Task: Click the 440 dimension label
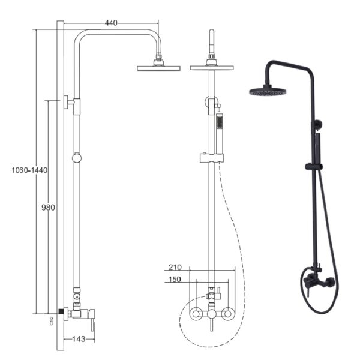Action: (111, 23)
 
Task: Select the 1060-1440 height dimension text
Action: (29, 170)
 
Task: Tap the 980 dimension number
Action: (48, 208)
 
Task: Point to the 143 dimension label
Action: (79, 339)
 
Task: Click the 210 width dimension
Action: (175, 267)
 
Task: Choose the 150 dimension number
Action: (175, 280)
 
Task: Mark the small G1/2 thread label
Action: (52, 321)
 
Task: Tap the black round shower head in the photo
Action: (268, 91)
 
